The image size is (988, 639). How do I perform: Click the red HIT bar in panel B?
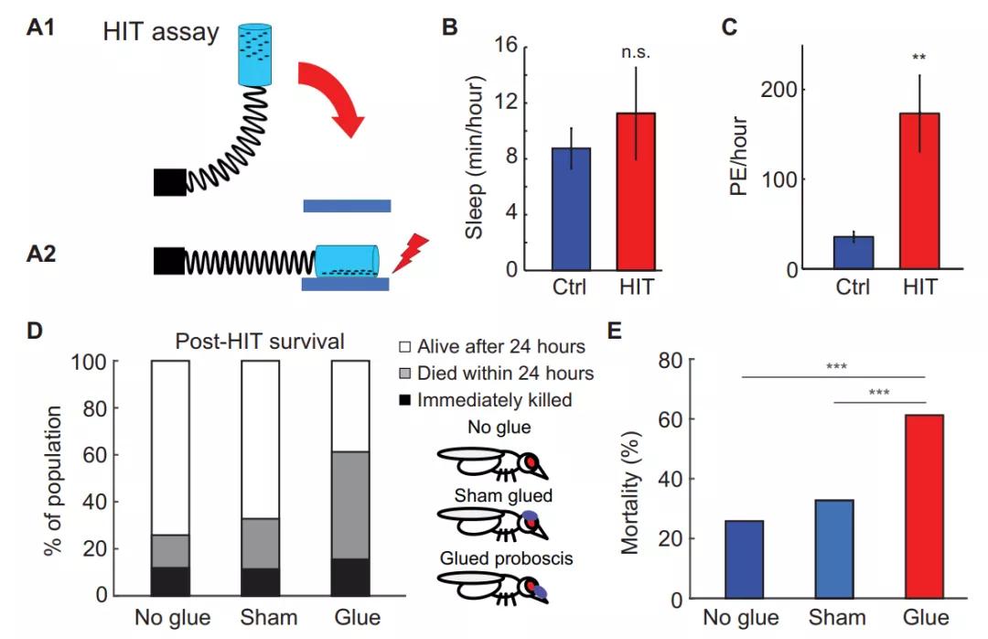635,191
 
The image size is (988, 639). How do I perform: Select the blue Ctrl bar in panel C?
854,253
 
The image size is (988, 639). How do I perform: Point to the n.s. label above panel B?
634,52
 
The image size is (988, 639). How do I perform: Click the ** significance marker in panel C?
919,58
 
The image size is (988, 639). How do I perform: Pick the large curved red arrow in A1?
334,101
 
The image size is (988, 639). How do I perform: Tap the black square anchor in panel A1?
169,182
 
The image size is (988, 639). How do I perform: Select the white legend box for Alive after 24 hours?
404,346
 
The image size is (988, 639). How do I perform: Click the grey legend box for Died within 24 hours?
404,373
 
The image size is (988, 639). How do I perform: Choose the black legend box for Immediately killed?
404,399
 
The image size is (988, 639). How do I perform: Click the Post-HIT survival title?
259,341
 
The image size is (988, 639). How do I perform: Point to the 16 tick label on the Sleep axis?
507,46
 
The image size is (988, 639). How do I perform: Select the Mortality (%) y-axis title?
630,491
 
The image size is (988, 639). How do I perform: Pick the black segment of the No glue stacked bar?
170,580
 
